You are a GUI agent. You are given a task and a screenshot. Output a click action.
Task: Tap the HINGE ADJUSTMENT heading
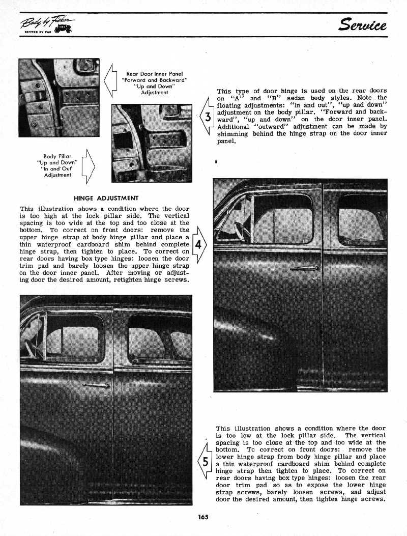(x=106, y=198)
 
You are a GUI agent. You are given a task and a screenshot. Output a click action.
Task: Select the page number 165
(x=203, y=517)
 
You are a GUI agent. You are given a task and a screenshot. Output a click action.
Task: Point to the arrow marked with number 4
(x=198, y=244)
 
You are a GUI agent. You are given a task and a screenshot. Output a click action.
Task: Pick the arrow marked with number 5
(x=205, y=462)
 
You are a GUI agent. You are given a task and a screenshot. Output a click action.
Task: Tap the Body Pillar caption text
(x=57, y=163)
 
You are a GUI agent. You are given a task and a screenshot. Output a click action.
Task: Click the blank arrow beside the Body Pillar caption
(x=88, y=165)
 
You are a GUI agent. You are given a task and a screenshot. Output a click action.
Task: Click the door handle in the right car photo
(x=305, y=268)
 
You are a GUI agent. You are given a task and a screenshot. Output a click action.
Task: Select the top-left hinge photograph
(x=59, y=97)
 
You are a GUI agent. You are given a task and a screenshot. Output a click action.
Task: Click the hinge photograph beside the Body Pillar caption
(x=152, y=143)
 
